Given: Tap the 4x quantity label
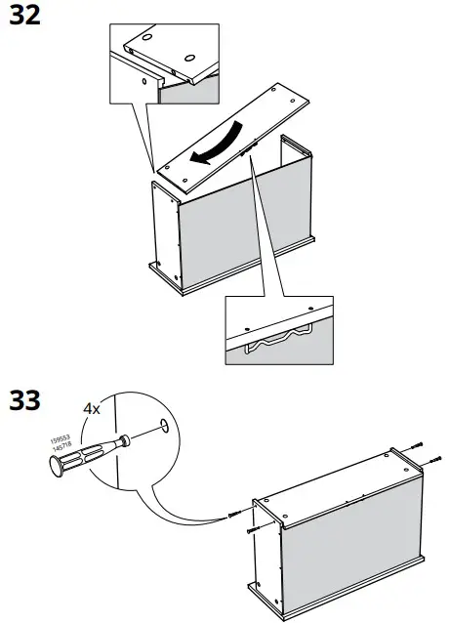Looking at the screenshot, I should pyautogui.click(x=91, y=408).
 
